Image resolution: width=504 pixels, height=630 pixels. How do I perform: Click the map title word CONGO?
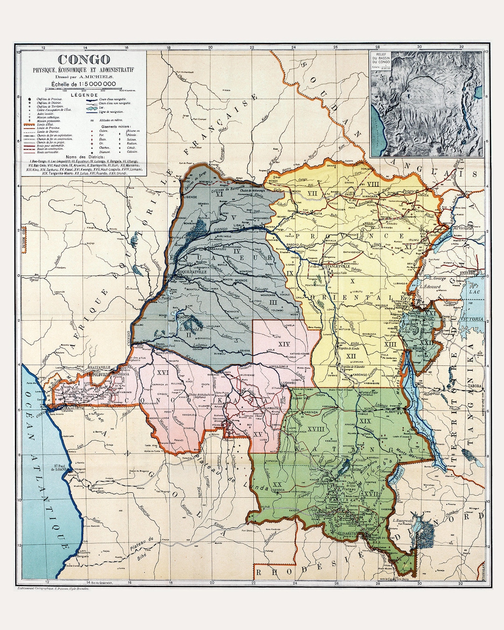click(x=84, y=60)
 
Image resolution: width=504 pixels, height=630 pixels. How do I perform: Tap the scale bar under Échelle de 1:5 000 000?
click(x=84, y=87)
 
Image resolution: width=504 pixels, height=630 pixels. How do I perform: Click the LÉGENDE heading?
click(x=84, y=94)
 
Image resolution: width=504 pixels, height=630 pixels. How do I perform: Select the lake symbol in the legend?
click(x=91, y=107)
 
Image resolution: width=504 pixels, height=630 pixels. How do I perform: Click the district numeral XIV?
click(x=284, y=344)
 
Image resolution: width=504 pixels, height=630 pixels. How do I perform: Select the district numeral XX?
click(x=277, y=484)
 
